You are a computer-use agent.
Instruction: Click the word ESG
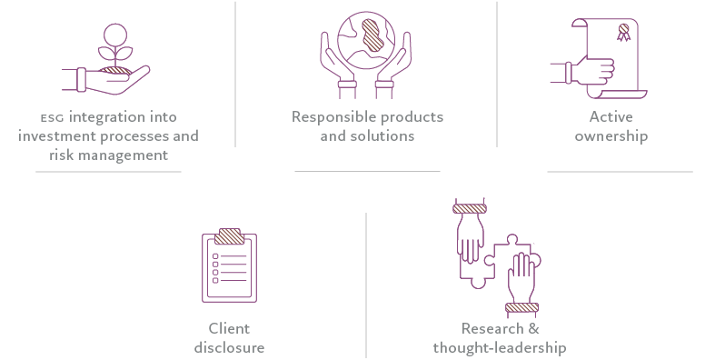click(52, 118)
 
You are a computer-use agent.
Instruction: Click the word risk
click(65, 155)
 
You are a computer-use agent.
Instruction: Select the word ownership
click(611, 136)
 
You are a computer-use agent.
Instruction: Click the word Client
click(229, 329)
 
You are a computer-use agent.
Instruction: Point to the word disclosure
click(229, 347)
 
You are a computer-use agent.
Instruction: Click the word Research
click(492, 329)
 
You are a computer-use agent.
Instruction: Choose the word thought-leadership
click(500, 347)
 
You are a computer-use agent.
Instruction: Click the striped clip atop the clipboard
click(228, 237)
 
